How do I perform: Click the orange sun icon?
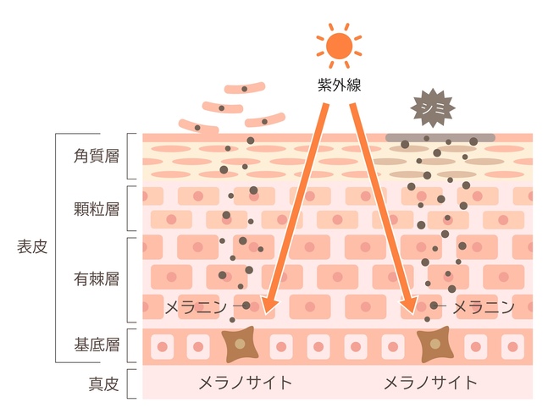pyautogui.click(x=339, y=46)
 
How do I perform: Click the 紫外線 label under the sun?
pyautogui.click(x=339, y=85)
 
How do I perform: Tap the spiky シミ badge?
pyautogui.click(x=433, y=108)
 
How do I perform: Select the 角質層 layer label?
pyautogui.click(x=97, y=156)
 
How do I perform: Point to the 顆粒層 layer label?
pyautogui.click(x=97, y=209)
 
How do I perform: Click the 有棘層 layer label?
pyautogui.click(x=97, y=279)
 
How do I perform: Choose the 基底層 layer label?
pyautogui.click(x=97, y=345)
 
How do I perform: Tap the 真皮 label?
pyautogui.click(x=103, y=384)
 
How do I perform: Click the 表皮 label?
pyautogui.click(x=32, y=246)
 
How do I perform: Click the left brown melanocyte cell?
pyautogui.click(x=240, y=345)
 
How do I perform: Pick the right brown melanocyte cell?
pyautogui.click(x=435, y=345)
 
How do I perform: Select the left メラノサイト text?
pyautogui.click(x=246, y=383)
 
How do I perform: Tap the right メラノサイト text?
pyautogui.click(x=430, y=383)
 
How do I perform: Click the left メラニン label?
pyautogui.click(x=196, y=307)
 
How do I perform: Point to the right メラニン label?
pyautogui.click(x=484, y=307)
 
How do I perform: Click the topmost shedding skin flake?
pyautogui.click(x=245, y=88)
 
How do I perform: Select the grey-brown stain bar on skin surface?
pyautogui.click(x=440, y=137)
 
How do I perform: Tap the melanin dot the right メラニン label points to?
pyautogui.click(x=434, y=306)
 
